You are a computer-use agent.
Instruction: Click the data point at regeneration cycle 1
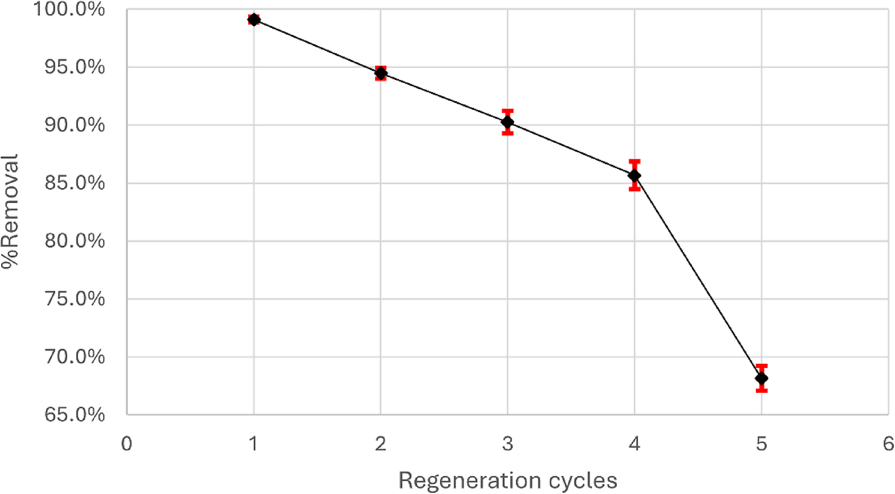tap(254, 20)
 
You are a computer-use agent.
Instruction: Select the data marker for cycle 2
tap(380, 74)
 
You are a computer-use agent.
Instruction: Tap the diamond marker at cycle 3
tap(507, 122)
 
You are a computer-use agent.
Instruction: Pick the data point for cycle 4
tap(634, 176)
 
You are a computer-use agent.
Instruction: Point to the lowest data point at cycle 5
tap(761, 378)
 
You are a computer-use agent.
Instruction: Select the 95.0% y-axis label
tap(74, 67)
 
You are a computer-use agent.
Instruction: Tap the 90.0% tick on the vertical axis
tap(74, 125)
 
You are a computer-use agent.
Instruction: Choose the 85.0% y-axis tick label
tap(74, 183)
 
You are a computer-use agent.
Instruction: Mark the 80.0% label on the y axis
tap(74, 241)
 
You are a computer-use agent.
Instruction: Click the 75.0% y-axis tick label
tap(74, 299)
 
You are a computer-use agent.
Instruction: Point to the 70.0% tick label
tap(74, 357)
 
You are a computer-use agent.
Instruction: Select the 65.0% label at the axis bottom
tap(74, 415)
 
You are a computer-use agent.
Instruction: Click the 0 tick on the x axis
tap(126, 444)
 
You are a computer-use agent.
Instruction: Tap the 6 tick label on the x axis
tap(888, 444)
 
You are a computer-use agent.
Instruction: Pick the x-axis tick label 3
tap(507, 444)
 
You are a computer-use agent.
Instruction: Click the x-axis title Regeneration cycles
tap(507, 481)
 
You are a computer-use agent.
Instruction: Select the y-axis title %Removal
tap(10, 211)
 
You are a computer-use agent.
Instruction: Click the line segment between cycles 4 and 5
tap(698, 277)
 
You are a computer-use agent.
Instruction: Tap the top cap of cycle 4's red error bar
tap(634, 162)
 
